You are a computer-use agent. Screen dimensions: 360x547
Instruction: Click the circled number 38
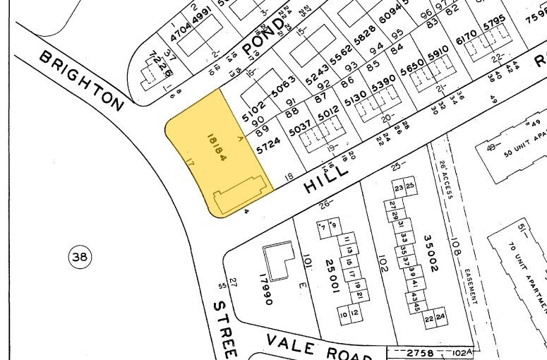80,258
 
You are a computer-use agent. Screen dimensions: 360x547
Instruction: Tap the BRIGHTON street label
81,80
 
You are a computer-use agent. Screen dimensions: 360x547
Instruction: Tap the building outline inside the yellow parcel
240,193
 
